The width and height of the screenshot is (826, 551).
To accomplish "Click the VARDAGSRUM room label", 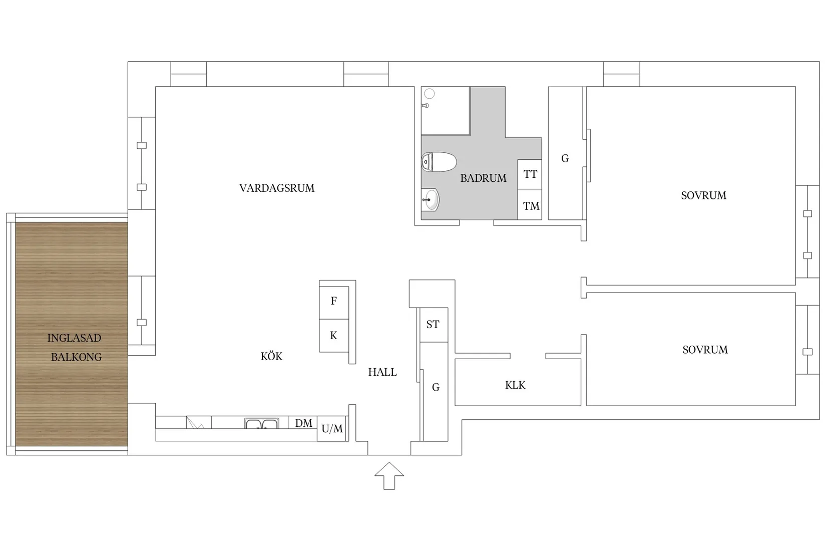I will point(277,188).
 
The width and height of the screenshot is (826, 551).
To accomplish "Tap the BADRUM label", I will point(483,178).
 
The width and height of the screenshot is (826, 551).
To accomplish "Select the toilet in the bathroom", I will point(439,162).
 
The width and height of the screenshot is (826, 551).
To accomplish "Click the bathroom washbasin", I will point(430,200).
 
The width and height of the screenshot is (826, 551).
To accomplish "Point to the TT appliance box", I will point(530,174).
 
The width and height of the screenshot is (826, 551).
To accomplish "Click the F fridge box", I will point(334,301).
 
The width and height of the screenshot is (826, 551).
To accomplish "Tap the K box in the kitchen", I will point(334,336).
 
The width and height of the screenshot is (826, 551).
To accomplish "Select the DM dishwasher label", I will point(303,423).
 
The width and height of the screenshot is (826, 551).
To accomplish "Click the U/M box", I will point(332,429).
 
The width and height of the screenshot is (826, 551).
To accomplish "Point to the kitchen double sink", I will point(261,424).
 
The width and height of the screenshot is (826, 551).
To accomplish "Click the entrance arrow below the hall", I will point(389,475).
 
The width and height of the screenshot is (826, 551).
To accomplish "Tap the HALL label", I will point(382,372).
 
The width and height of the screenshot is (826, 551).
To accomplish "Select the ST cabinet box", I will point(433,325).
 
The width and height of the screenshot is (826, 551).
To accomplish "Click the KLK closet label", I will point(515,385).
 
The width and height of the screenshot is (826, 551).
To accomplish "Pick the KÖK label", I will point(271,357).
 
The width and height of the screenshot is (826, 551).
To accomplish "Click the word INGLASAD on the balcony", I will point(74,338).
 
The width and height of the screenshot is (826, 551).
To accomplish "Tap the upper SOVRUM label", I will point(703,196).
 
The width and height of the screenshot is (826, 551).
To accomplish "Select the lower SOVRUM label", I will point(705,350).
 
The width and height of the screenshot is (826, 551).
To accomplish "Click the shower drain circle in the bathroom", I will point(430,94).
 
